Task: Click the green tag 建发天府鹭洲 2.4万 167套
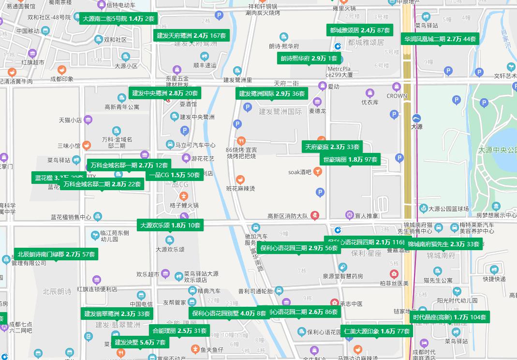pos(192,35)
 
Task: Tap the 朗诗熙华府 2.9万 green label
pos(309,59)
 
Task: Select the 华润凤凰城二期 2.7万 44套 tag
pos(439,39)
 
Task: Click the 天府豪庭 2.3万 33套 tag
pos(332,147)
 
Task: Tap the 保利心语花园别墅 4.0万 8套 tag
pos(229,313)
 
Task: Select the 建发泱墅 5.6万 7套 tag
pos(140,343)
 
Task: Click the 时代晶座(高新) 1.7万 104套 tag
pos(449,317)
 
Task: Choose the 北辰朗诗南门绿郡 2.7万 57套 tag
pos(56,254)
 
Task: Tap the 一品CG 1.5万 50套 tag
pos(174,175)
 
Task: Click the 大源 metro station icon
pos(416,119)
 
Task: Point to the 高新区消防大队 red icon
pos(315,215)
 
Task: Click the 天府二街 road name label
pos(287,83)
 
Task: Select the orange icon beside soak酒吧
pos(317,171)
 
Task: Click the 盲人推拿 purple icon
pos(349,215)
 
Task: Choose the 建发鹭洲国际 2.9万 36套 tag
pos(272,93)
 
